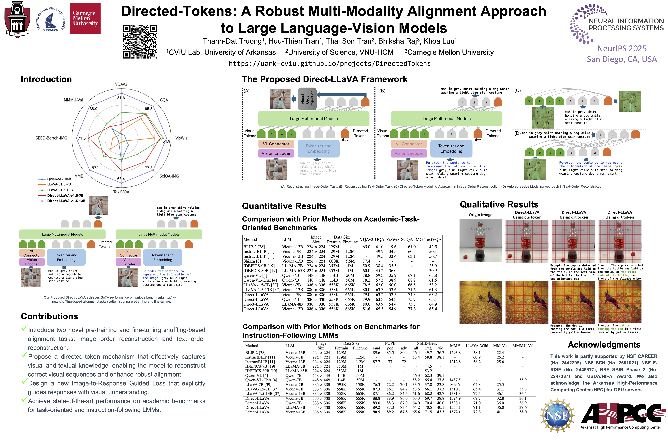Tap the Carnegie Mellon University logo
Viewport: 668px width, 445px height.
(85, 18)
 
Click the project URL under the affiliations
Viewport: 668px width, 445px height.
(330, 64)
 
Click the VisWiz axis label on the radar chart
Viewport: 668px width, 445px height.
(181, 138)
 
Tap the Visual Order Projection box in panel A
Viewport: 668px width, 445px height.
(307, 99)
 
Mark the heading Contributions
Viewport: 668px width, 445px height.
(49, 316)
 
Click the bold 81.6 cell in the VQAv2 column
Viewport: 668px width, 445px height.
(366, 309)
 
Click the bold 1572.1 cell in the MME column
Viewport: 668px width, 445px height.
(455, 412)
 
